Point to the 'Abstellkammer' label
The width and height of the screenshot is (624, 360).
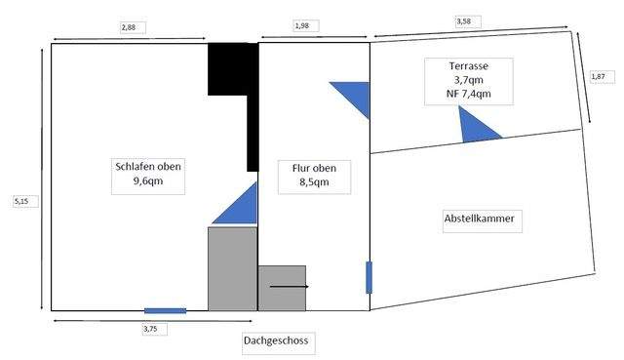pyautogui.click(x=479, y=220)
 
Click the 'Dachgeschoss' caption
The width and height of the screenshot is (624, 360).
pyautogui.click(x=279, y=341)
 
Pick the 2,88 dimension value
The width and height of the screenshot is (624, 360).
pyautogui.click(x=128, y=27)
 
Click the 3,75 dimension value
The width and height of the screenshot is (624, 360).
pyautogui.click(x=149, y=329)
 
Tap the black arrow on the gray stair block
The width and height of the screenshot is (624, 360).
pyautogui.click(x=289, y=287)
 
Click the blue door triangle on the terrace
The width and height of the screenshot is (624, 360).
pyautogui.click(x=478, y=126)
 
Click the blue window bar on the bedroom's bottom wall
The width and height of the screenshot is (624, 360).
pyautogui.click(x=165, y=311)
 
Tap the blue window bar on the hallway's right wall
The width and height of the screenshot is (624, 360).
pyautogui.click(x=369, y=277)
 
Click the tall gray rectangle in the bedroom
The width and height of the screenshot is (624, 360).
pyautogui.click(x=232, y=268)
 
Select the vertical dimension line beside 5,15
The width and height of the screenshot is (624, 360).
pyautogui.click(x=42, y=176)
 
